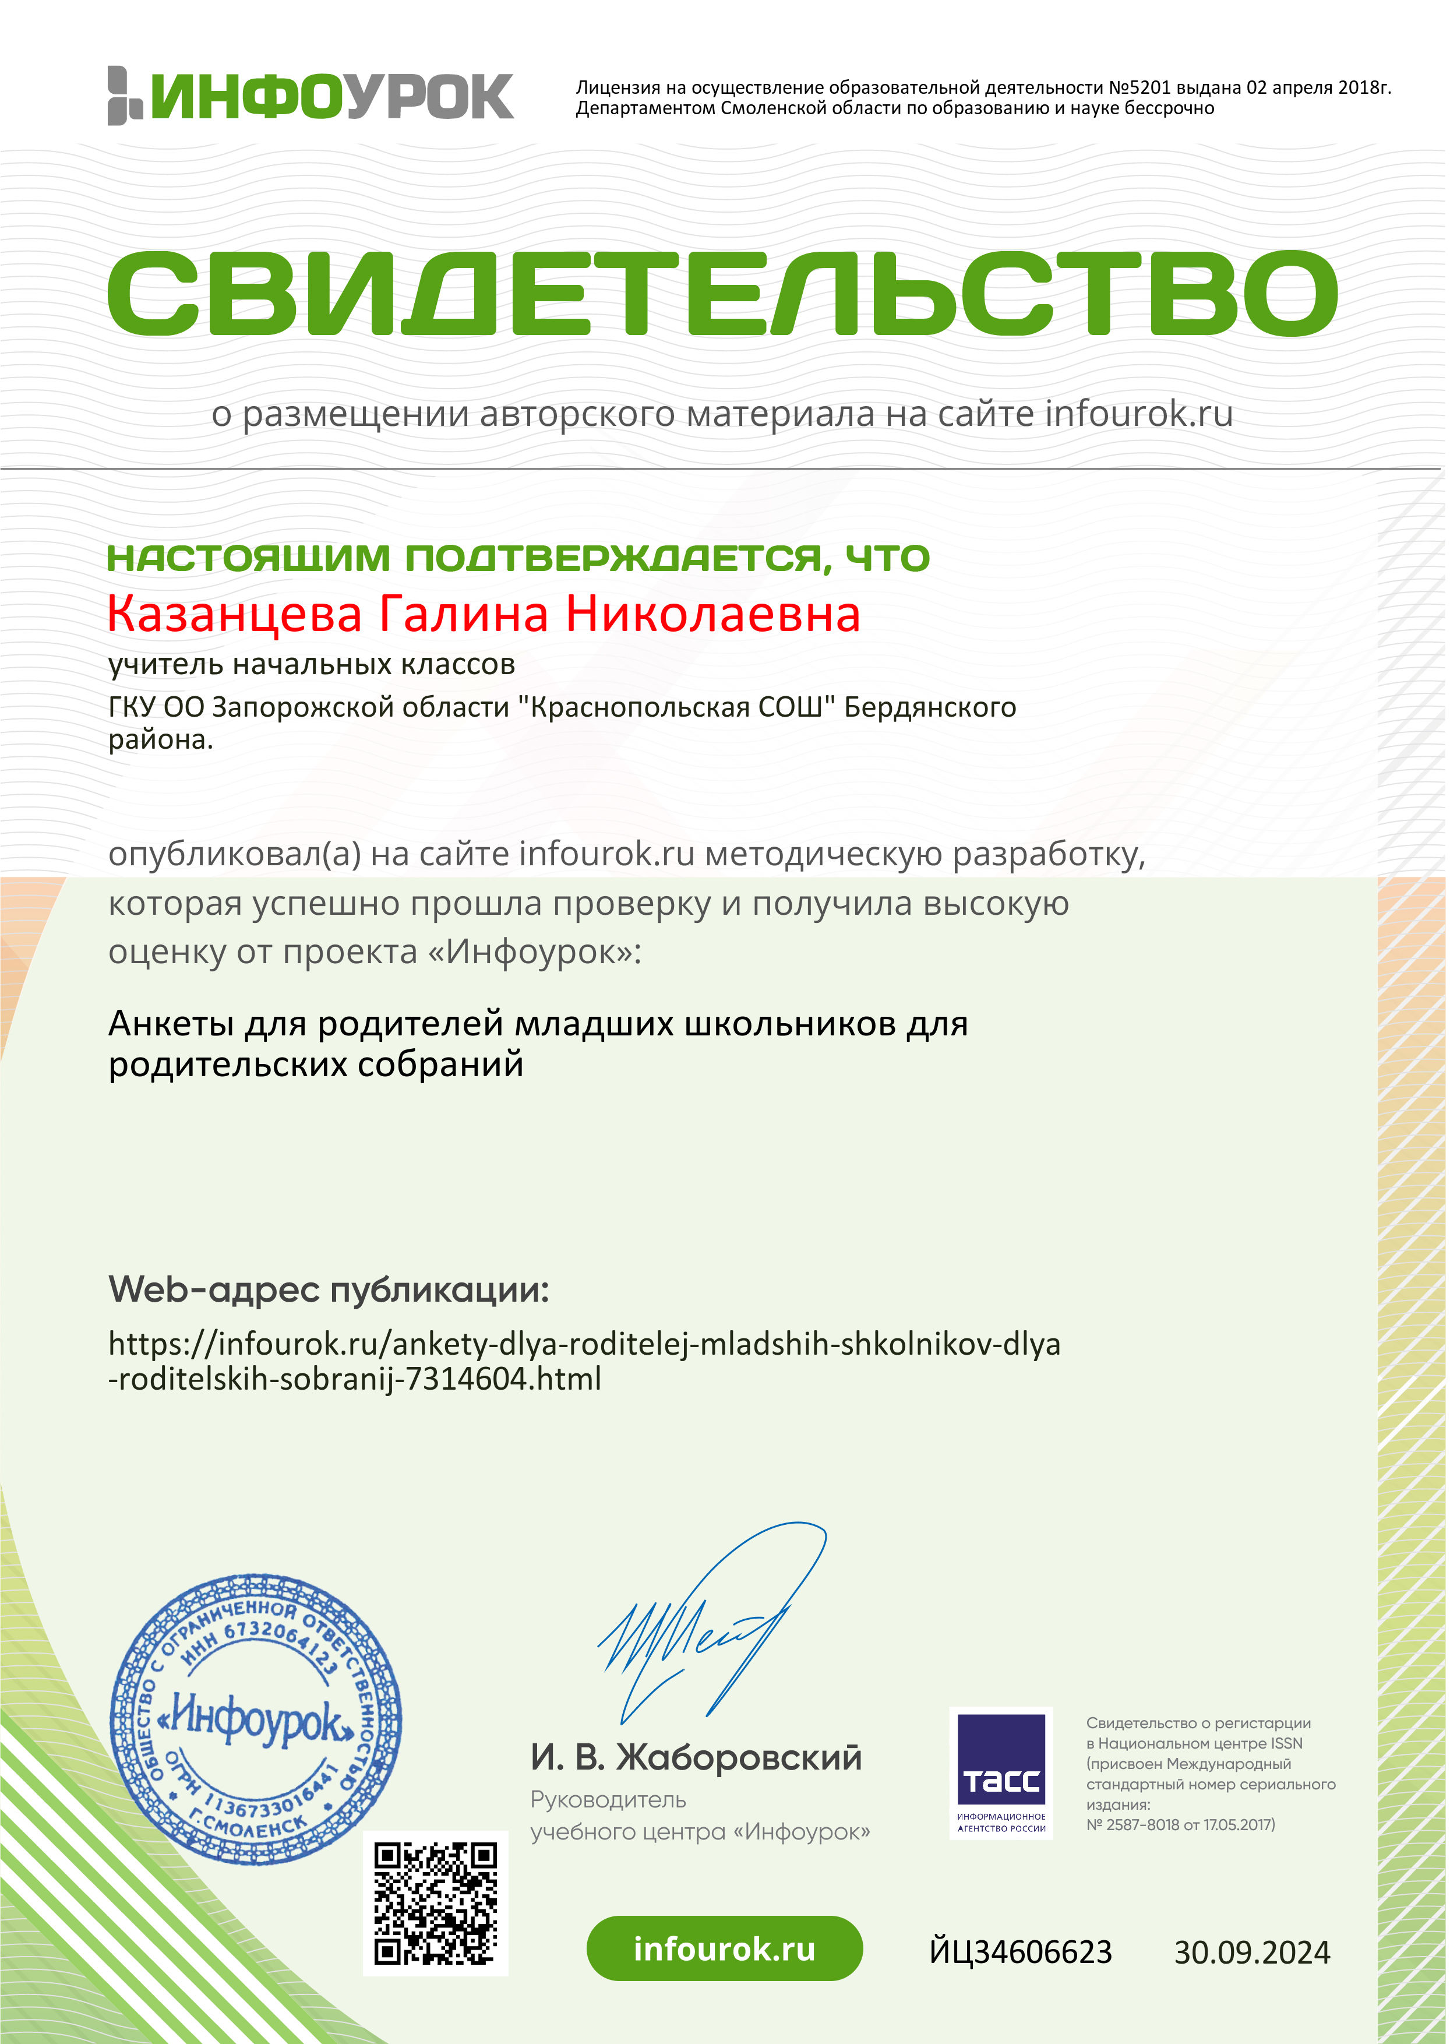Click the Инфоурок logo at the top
coord(311,96)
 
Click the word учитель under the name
coord(165,664)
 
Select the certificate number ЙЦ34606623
coord(1021,1952)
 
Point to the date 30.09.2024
coord(1252,1952)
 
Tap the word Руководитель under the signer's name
coord(608,1799)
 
